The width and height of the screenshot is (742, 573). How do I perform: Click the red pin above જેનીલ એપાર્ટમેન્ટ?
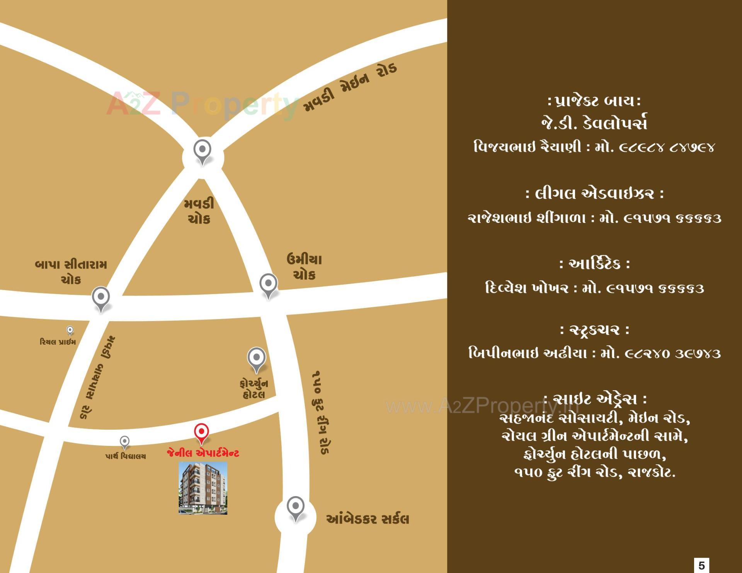pyautogui.click(x=201, y=432)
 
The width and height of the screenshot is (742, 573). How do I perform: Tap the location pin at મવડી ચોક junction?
pyautogui.click(x=202, y=151)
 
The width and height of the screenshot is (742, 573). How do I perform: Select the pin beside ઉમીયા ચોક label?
pyautogui.click(x=268, y=285)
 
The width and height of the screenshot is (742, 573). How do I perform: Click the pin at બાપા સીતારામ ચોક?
pyautogui.click(x=101, y=298)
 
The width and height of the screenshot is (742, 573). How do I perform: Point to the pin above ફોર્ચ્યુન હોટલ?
pyautogui.click(x=256, y=359)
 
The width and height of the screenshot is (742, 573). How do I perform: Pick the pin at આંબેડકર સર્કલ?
pyautogui.click(x=296, y=507)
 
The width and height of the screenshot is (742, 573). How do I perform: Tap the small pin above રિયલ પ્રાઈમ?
pyautogui.click(x=70, y=331)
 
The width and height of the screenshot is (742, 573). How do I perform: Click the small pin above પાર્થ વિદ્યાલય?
pyautogui.click(x=124, y=442)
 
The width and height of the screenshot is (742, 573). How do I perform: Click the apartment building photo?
pyautogui.click(x=203, y=488)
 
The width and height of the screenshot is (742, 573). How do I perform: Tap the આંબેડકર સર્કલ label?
pyautogui.click(x=367, y=519)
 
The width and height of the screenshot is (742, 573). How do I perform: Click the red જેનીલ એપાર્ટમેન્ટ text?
pyautogui.click(x=203, y=453)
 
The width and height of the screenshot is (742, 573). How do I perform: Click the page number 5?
pyautogui.click(x=701, y=565)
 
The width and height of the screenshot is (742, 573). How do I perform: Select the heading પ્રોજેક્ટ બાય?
pyautogui.click(x=594, y=102)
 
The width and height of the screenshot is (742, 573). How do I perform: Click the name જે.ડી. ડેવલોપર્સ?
pyautogui.click(x=594, y=123)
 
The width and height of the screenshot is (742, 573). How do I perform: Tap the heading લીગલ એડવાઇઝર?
pyautogui.click(x=594, y=194)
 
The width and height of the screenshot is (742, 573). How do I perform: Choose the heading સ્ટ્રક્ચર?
pyautogui.click(x=594, y=330)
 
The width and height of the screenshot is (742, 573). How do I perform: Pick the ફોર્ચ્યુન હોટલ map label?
pyautogui.click(x=254, y=389)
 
